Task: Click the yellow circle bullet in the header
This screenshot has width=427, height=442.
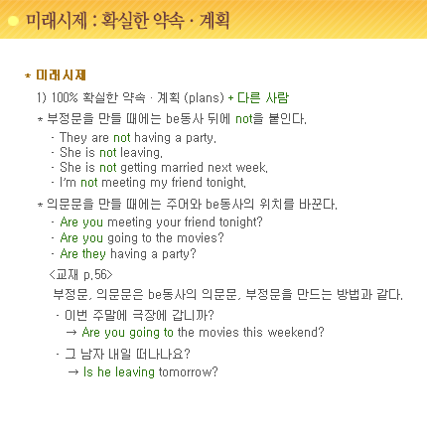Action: coord(13,21)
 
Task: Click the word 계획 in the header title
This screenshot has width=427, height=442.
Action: coord(214,21)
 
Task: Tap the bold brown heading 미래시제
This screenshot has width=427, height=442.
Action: coord(61,75)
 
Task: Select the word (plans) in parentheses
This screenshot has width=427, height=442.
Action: coord(204,97)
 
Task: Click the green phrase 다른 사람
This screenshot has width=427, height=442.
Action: coord(263,97)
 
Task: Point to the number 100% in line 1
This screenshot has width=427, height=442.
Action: coord(65,97)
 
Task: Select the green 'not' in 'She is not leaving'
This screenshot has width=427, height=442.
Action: coord(108,153)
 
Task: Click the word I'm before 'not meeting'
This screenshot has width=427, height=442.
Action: coord(68,183)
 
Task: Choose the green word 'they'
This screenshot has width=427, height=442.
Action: coord(94,253)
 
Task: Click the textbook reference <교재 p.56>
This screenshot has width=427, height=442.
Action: coord(80,275)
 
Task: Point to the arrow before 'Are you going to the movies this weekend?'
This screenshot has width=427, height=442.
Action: coord(71,333)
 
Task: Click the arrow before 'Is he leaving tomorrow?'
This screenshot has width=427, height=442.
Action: coord(73,372)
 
